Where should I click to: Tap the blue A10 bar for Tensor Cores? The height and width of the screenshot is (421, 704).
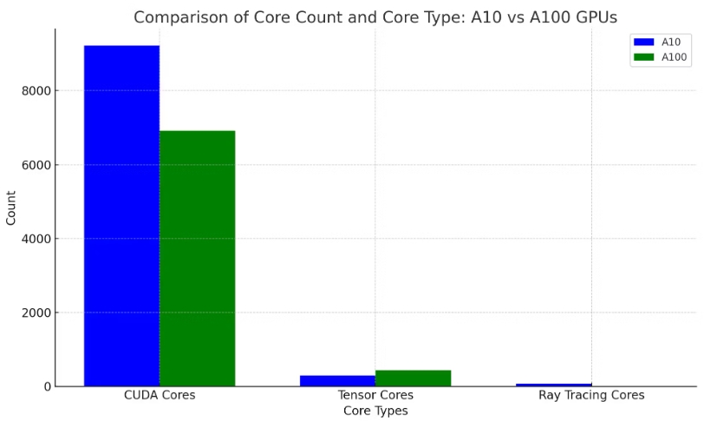coord(337,380)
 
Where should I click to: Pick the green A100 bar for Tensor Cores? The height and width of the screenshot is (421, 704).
coord(413,378)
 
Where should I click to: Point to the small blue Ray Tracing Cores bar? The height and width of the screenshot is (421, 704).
coord(553,384)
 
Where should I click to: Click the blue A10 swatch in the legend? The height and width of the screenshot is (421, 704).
coord(643,42)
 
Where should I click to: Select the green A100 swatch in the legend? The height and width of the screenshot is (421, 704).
coord(643,57)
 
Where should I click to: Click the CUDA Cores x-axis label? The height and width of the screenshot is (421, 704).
coord(160,396)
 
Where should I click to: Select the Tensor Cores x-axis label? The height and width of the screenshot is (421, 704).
coord(375,396)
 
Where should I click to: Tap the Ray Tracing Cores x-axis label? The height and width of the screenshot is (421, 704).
coord(591,396)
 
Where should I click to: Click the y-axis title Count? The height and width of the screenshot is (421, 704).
coord(11,207)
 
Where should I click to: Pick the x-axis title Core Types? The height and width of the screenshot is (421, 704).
coord(375,411)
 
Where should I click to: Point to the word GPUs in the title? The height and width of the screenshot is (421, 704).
coord(593,17)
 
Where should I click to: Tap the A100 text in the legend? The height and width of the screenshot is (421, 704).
coord(674,57)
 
